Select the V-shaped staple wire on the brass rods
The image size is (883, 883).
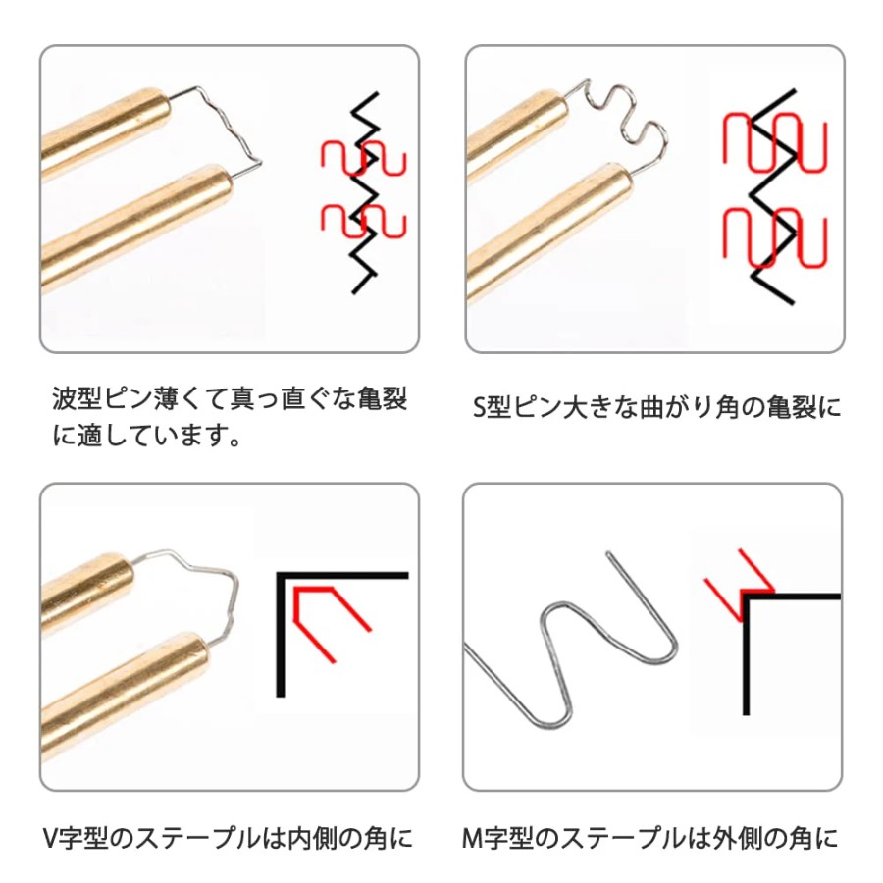tap(232, 597)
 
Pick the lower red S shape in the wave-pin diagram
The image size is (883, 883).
tap(364, 220)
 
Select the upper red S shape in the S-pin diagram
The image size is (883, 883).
tap(775, 142)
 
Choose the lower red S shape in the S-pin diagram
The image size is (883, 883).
tap(775, 237)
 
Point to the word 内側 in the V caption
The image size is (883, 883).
tap(313, 838)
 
